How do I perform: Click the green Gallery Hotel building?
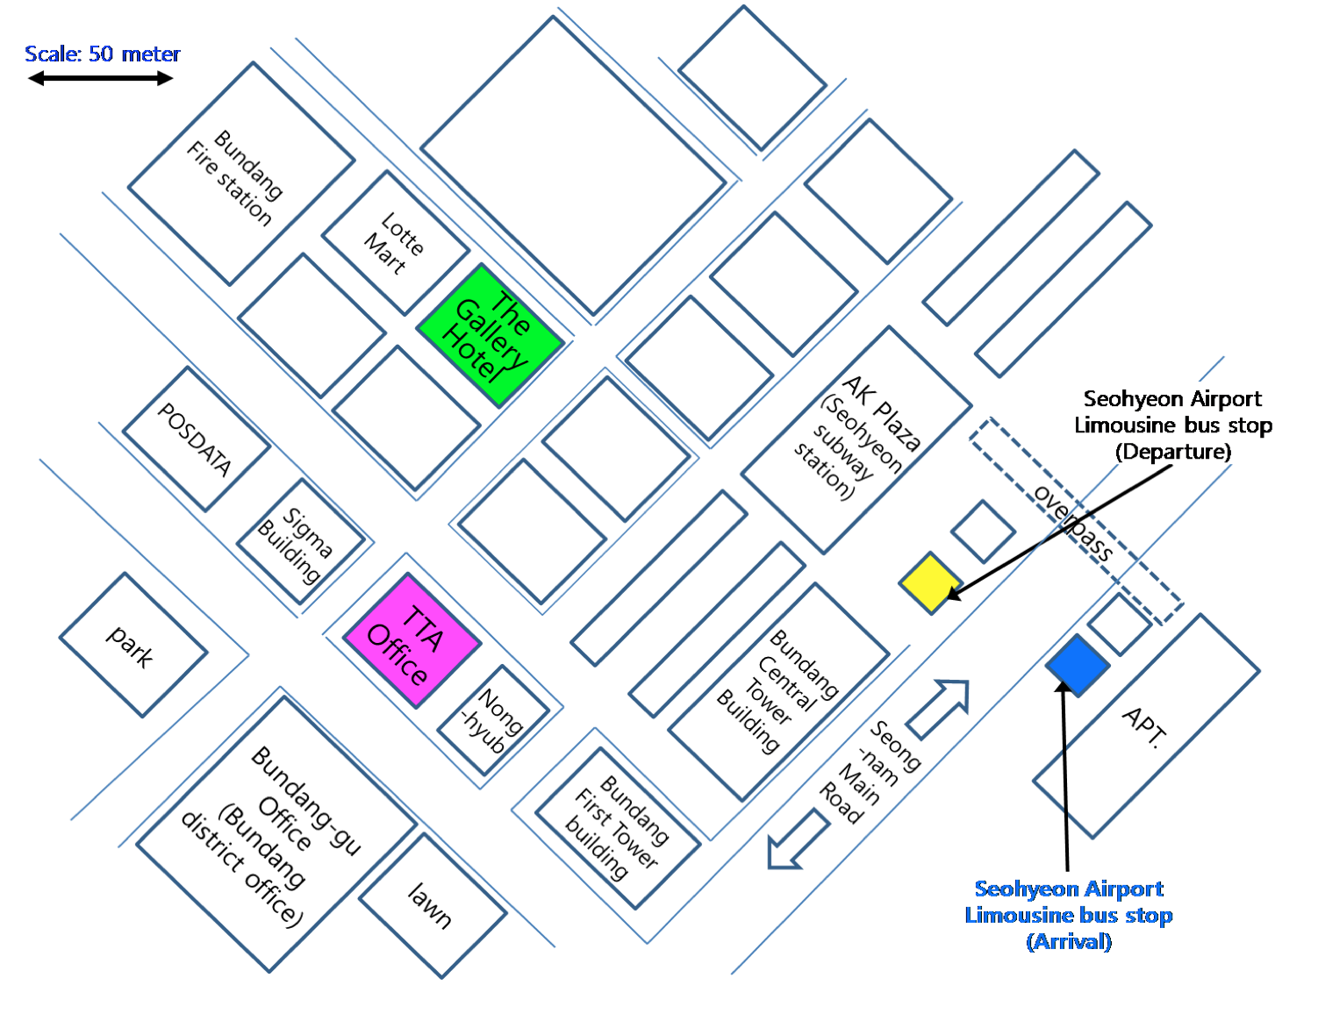(x=490, y=336)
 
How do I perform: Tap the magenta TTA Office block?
(x=412, y=640)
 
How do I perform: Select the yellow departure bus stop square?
(x=930, y=583)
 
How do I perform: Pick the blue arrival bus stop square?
(x=1078, y=665)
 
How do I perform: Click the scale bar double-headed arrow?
(x=101, y=79)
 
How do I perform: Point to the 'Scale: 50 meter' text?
(x=102, y=54)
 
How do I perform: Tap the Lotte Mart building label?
(x=395, y=243)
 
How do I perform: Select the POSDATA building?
(x=196, y=439)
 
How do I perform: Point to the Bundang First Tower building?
(x=618, y=827)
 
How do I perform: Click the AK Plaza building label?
(x=856, y=439)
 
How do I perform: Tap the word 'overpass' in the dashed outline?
(x=1073, y=521)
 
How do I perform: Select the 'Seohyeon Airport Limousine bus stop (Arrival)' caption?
(x=1069, y=915)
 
